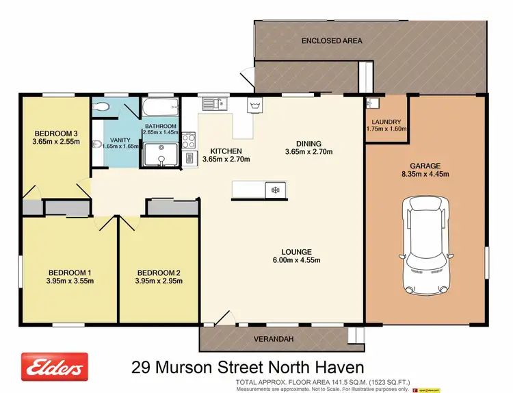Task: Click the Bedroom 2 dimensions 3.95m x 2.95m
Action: (x=159, y=280)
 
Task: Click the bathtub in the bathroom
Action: (x=160, y=108)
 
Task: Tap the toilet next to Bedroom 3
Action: (x=101, y=106)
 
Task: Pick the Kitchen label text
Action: (x=226, y=151)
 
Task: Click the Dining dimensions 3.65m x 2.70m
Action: (x=308, y=152)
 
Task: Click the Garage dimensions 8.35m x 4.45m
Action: (x=425, y=175)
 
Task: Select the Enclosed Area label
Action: (x=332, y=41)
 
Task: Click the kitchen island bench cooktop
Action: (x=276, y=188)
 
